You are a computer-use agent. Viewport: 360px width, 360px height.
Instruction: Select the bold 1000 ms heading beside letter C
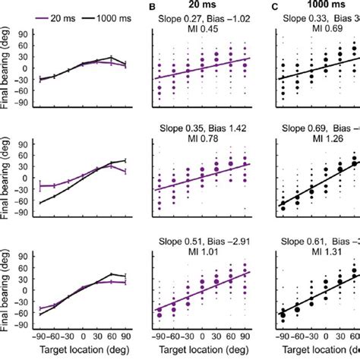320,7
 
